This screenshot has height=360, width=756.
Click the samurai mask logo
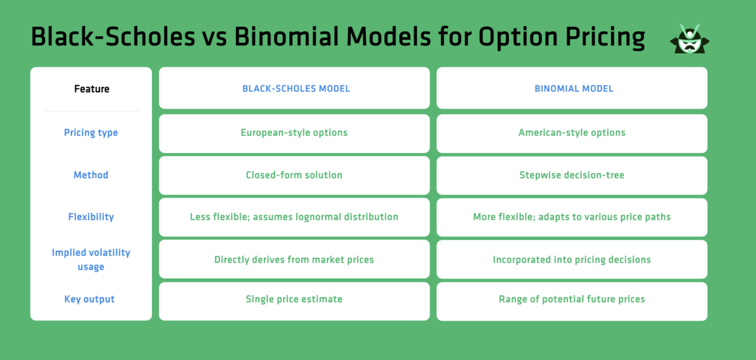pos(690,39)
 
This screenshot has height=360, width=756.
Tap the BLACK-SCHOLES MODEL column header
pos(296,89)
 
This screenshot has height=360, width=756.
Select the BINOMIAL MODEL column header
pos(574,89)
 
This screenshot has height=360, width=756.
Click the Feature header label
pos(92,89)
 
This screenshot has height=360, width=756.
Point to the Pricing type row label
pos(91,132)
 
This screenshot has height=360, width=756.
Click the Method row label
pos(91,175)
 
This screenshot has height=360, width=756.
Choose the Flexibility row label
pos(91,217)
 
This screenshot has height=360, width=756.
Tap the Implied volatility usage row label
pos(91,260)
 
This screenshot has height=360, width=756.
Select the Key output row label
pos(90,299)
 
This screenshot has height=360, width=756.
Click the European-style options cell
pos(294,132)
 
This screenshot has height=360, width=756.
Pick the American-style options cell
pos(571,132)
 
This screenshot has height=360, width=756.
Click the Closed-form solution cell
pos(294,175)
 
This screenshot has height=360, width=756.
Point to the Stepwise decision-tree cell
pos(571,175)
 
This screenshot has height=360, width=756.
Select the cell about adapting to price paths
pos(571,217)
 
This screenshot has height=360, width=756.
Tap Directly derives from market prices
pos(294,260)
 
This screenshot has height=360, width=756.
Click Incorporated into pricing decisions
pos(571,260)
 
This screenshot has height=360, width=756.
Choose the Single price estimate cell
pos(294,299)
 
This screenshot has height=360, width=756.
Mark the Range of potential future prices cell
pos(571,299)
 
